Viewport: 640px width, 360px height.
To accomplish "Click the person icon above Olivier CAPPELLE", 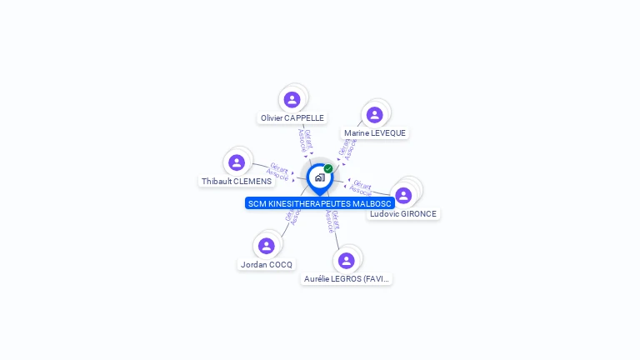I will pos(292,100).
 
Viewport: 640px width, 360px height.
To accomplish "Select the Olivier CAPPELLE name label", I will pos(292,118).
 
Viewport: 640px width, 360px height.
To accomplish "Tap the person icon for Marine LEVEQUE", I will pos(374,115).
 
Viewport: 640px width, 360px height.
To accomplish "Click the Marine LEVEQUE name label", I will pos(375,133).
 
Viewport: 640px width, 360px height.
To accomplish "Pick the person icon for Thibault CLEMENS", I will pos(237,162).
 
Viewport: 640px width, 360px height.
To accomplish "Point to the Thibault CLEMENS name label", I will pos(237,182).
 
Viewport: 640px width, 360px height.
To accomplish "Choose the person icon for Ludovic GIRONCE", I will pos(403,196).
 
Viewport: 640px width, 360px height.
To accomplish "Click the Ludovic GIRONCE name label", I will pos(403,214).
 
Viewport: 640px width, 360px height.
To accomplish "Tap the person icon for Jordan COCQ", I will pos(267,246).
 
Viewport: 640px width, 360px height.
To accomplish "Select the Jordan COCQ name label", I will pos(267,265).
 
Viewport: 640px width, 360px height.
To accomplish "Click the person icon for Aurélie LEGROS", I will pos(347,261).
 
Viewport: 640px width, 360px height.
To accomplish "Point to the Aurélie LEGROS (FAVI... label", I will pos(347,279).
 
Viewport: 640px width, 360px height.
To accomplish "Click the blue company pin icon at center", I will pos(319,178).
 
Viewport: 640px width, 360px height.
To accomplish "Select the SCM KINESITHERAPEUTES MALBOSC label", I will pos(320,203).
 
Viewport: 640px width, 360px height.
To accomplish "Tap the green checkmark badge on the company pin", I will pos(328,169).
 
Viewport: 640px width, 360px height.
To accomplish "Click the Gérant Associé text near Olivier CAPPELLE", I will pos(305,140).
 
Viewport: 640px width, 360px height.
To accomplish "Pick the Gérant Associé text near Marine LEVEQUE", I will pos(347,148).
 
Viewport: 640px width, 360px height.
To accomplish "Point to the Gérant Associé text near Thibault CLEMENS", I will pos(277,172).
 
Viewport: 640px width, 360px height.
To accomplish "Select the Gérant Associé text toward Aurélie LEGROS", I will pos(332,221).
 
